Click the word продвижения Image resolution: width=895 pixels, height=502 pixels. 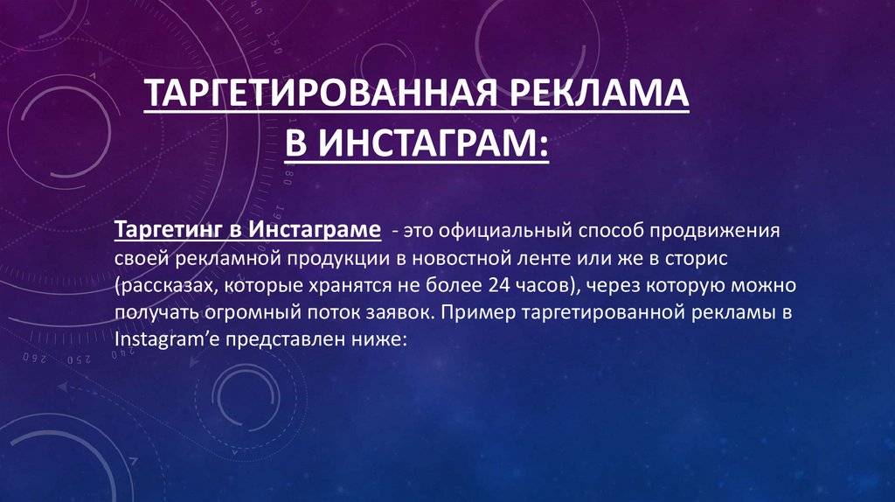point(714,231)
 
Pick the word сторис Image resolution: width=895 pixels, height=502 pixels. point(697,259)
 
